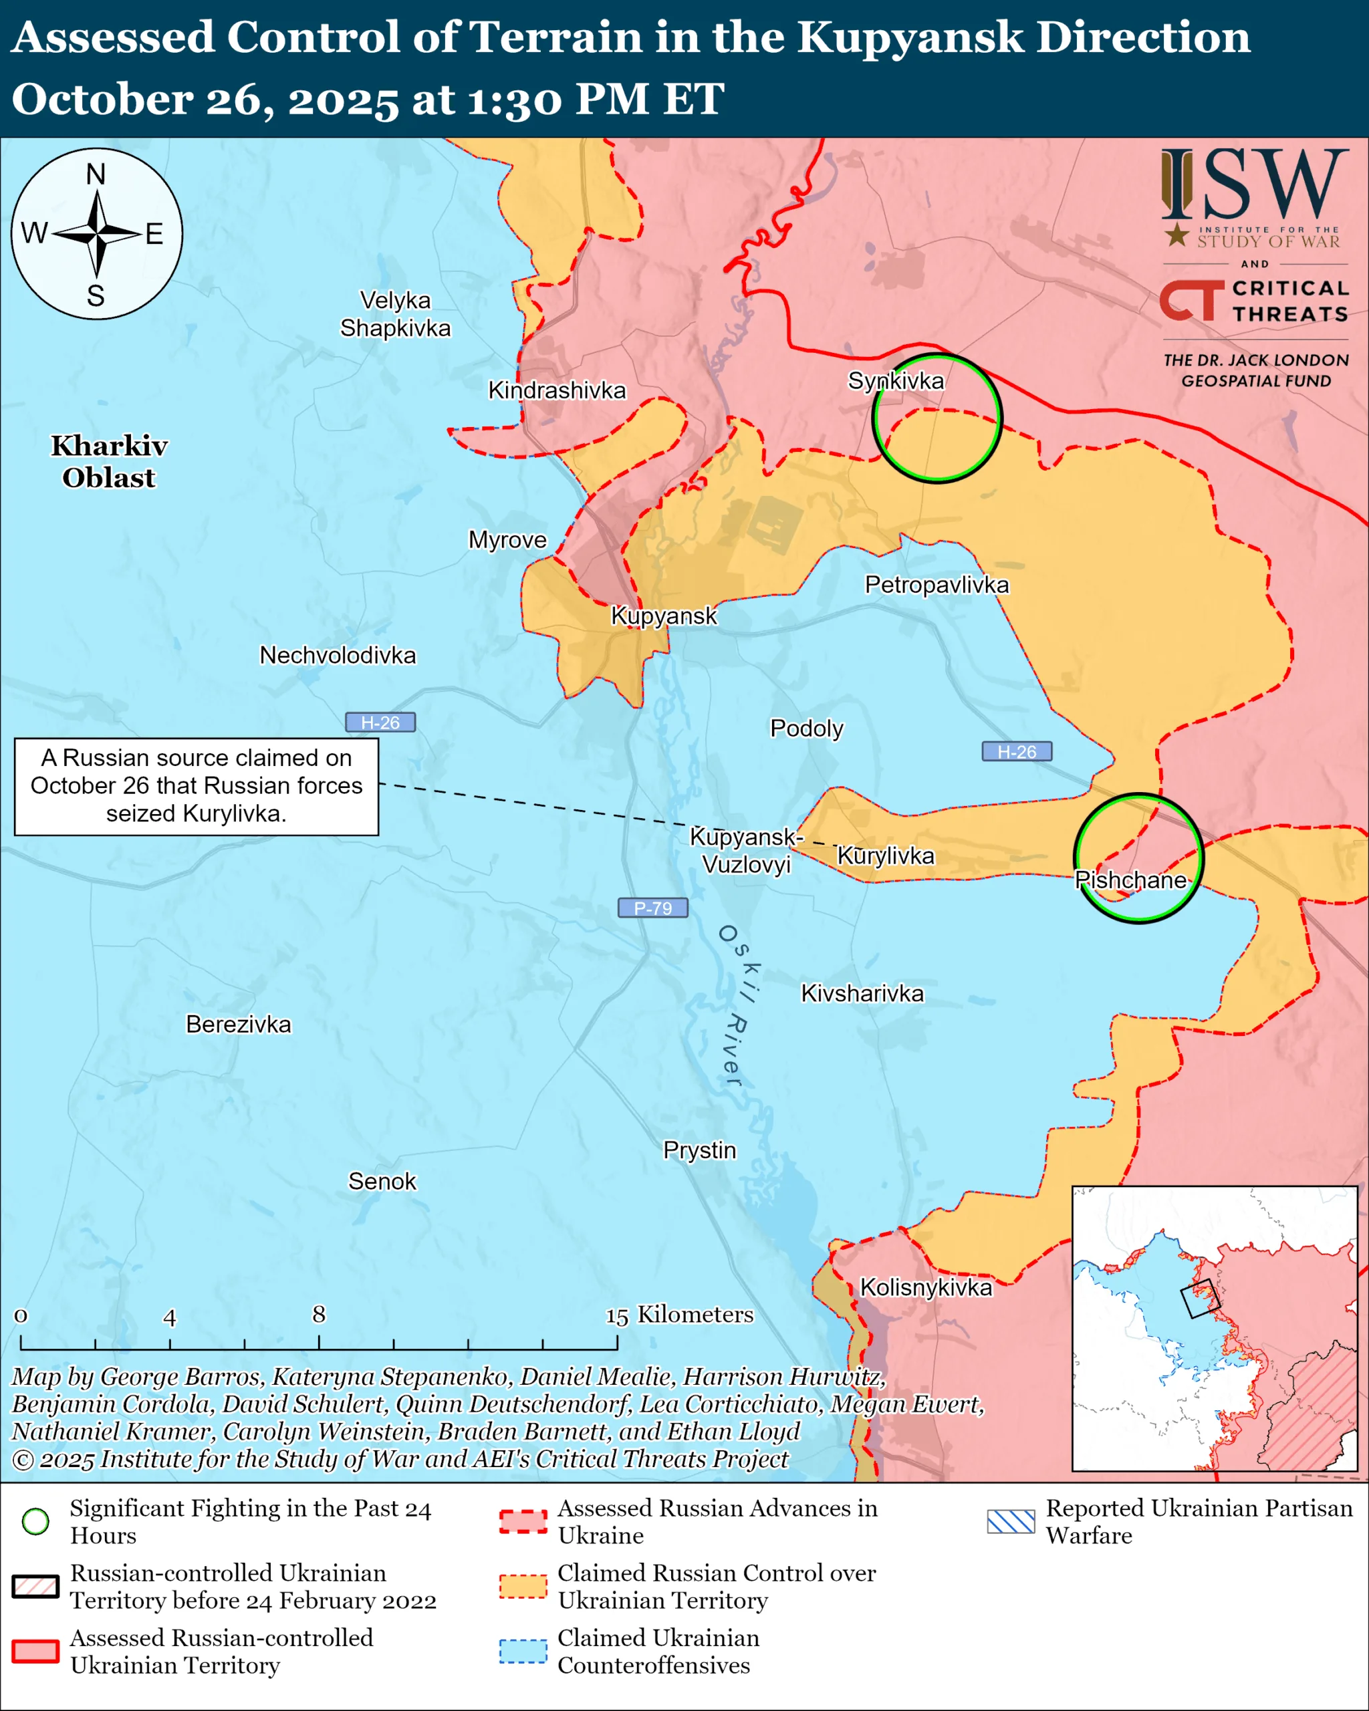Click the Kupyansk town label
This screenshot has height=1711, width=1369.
(x=664, y=616)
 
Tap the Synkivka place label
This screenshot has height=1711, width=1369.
(x=896, y=381)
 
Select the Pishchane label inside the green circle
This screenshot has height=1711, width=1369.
(x=1130, y=880)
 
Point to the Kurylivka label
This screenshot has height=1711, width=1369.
(x=886, y=855)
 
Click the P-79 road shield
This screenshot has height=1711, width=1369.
(x=652, y=908)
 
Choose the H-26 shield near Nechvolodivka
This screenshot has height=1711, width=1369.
(x=380, y=722)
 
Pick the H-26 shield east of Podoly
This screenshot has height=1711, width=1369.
(x=1017, y=751)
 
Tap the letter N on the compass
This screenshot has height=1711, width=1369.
(x=96, y=174)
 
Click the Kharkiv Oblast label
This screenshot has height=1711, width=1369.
(x=110, y=462)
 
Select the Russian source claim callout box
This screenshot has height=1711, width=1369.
(x=196, y=786)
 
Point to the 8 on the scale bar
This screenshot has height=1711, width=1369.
(x=318, y=1314)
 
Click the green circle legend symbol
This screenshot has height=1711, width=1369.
(x=35, y=1521)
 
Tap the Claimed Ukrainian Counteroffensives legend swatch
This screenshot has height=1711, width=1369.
(x=523, y=1652)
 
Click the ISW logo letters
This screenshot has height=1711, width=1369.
(x=1254, y=185)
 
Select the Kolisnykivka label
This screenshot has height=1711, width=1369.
(x=925, y=1287)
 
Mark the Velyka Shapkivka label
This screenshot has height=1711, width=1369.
(x=394, y=314)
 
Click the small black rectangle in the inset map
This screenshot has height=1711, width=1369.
(x=1199, y=1299)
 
